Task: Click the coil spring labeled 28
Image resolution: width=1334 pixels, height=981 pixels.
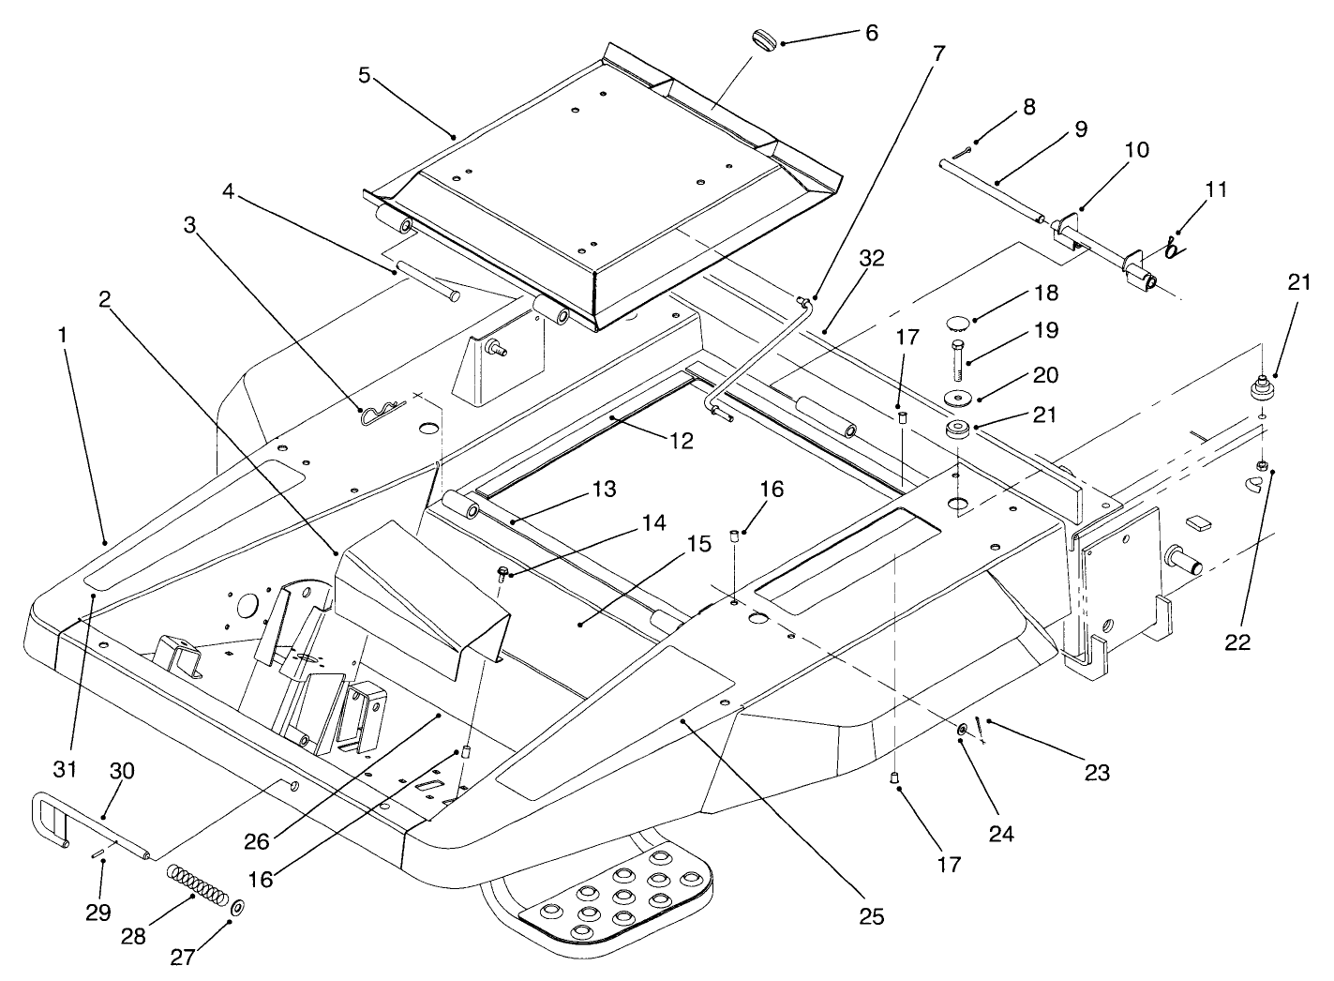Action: tap(198, 885)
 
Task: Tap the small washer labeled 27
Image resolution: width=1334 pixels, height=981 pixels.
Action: tap(238, 908)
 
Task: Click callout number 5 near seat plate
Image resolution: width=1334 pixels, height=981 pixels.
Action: tap(365, 75)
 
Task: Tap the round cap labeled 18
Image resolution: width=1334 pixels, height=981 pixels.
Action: tap(954, 324)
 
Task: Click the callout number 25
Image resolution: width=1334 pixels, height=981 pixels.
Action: tap(871, 916)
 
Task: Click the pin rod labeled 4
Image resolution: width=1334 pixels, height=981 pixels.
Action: tap(426, 281)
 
